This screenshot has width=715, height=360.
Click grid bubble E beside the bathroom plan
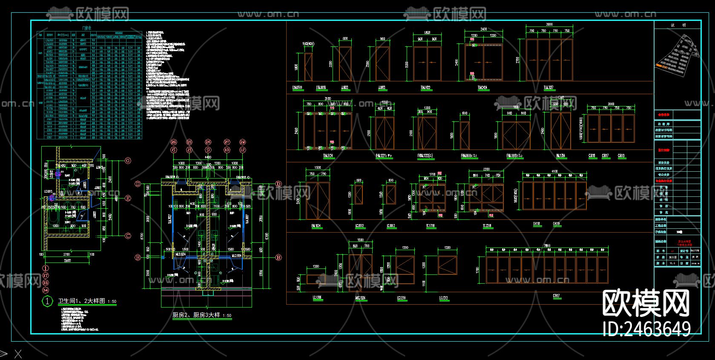coord(128,198)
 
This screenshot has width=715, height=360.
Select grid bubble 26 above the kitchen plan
coord(208,142)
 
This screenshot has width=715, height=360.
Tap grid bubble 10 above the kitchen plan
coord(227,150)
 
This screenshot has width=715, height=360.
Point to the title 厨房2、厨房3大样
coord(196,315)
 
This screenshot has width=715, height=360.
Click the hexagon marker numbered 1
coord(46,301)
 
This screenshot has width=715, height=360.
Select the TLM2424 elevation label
coord(482,88)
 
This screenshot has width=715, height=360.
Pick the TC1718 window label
coord(431,226)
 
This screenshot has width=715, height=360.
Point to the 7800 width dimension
coord(547,246)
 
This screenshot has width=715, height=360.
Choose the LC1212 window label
coord(444,298)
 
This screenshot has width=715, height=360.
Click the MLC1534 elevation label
coord(360,298)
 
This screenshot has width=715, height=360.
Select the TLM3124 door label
coord(328,156)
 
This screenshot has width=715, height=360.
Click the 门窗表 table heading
coord(89,28)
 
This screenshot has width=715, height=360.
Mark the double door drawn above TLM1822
coord(427,63)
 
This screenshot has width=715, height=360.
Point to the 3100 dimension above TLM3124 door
coord(327,99)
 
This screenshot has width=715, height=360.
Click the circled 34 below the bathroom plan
coord(46,290)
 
